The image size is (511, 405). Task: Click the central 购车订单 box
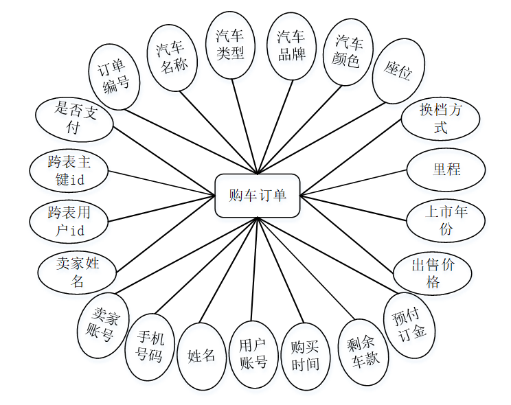coord(257,195)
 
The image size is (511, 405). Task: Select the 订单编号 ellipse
coord(115,77)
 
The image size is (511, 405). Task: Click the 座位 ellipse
coord(398,71)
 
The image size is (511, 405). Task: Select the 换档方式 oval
coord(440,118)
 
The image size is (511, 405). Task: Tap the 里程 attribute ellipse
coord(446,169)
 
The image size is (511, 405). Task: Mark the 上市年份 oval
coord(446,220)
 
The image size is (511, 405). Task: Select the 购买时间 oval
coord(306,356)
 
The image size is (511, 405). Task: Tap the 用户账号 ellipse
coord(253,354)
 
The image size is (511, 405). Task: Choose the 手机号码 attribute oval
coord(150,347)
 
